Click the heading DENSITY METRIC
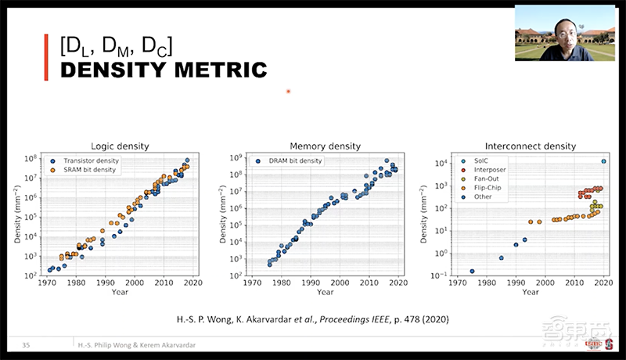(164, 70)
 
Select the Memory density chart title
(325, 146)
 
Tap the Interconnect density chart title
(530, 146)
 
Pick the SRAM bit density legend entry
(91, 170)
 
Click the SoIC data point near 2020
(603, 161)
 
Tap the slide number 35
(26, 344)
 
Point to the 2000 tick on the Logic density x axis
(135, 283)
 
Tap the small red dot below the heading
(288, 92)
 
